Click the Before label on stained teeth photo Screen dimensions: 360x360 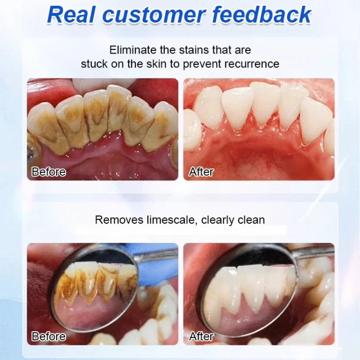pos(49,171)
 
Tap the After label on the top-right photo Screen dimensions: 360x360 pos(201,171)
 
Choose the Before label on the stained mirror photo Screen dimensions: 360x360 pos(49,336)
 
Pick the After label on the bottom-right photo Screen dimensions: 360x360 pos(201,336)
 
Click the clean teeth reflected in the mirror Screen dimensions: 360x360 pos(252,283)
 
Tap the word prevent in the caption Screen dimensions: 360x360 pos(209,64)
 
